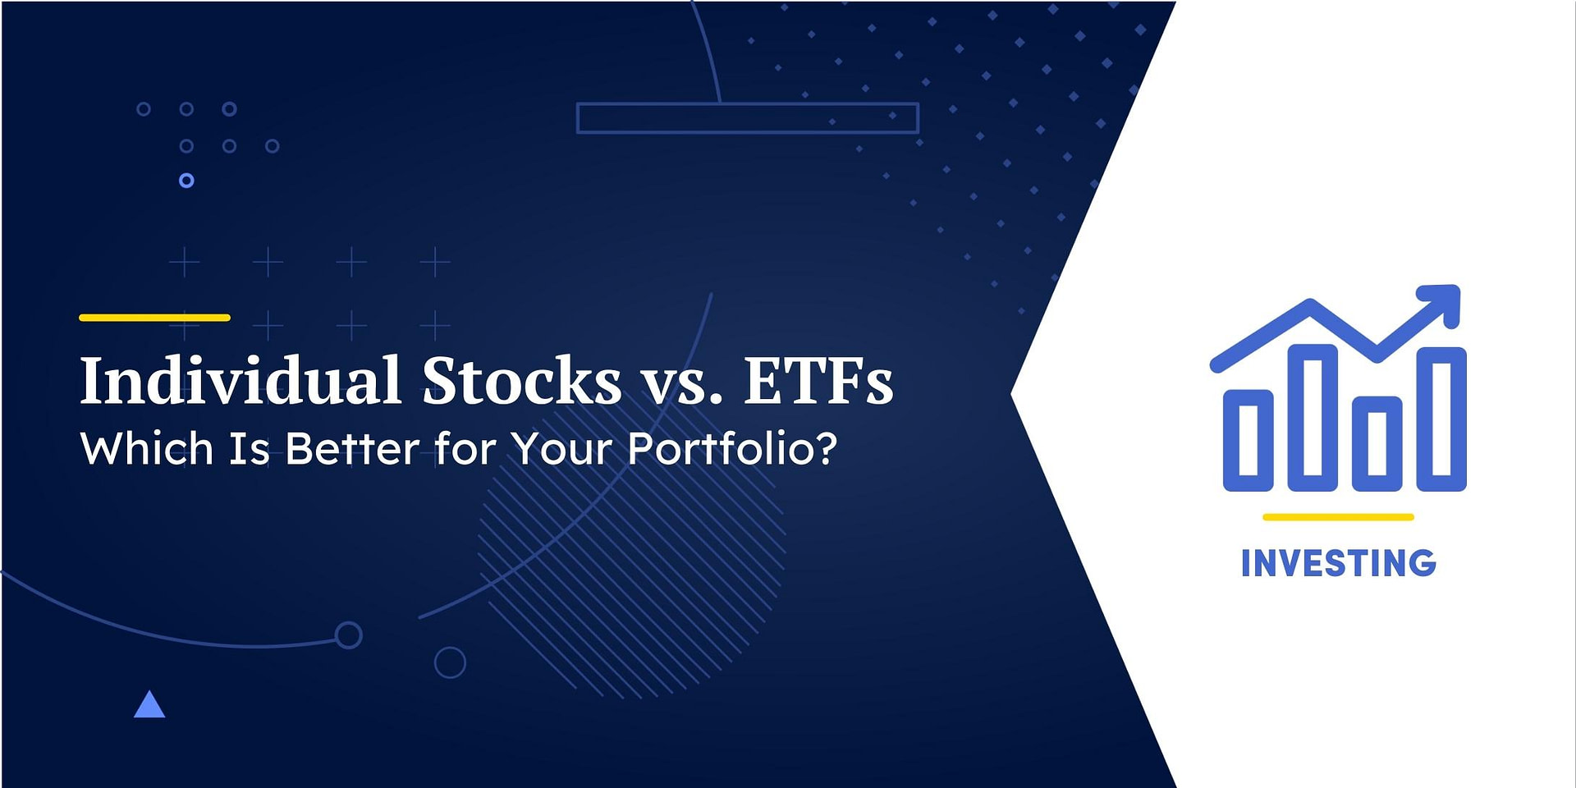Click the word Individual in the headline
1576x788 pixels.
pos(240,381)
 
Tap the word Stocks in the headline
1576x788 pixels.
pos(522,381)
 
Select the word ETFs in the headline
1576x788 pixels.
pos(818,381)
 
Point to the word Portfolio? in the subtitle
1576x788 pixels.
pos(732,449)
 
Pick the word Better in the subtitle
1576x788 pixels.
pos(353,449)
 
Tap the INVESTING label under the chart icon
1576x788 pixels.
pos(1338,564)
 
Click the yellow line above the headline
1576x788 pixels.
pos(154,318)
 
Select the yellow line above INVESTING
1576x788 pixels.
pos(1338,517)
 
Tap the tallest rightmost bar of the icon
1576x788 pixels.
pos(1441,419)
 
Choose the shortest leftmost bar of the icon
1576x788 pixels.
pos(1248,441)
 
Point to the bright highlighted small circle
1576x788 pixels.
pos(186,181)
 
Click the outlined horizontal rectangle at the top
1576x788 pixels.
pos(747,118)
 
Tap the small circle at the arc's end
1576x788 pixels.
pos(348,635)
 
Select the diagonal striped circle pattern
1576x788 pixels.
pos(632,575)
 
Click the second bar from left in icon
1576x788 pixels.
pos(1313,418)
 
